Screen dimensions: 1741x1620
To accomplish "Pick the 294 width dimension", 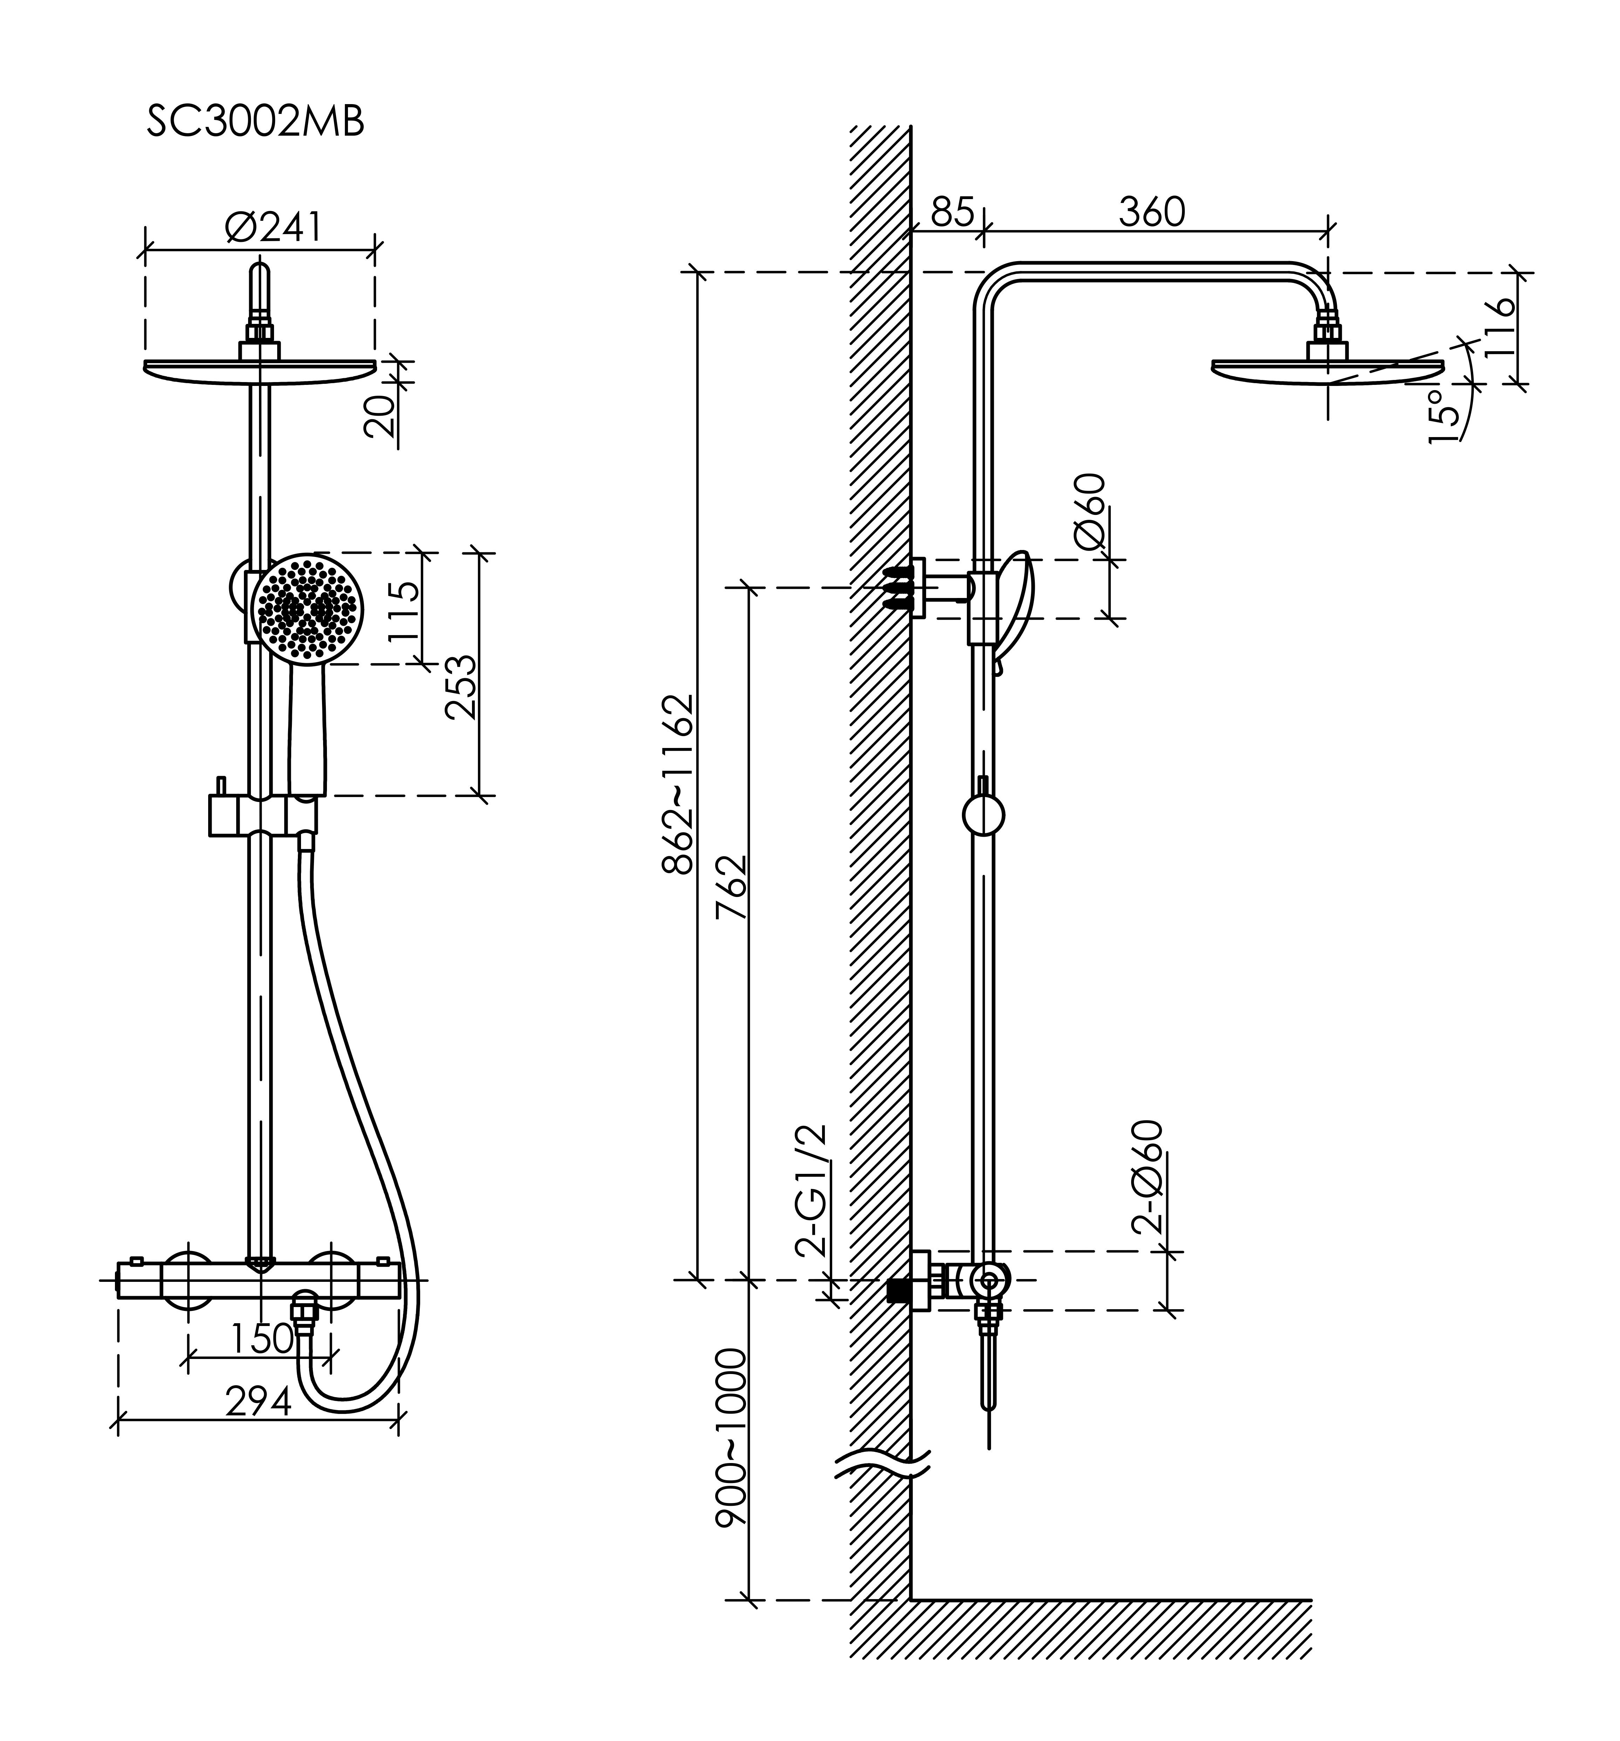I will [258, 1402].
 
